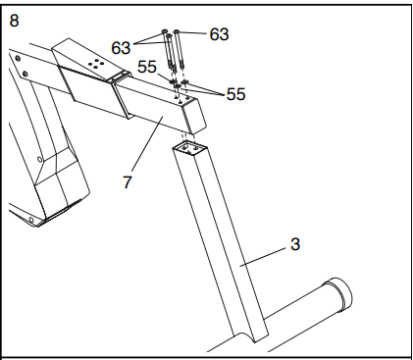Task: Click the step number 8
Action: [x=14, y=21]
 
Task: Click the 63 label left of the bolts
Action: [x=121, y=48]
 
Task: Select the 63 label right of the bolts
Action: [x=219, y=34]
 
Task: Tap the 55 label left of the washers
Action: [x=147, y=67]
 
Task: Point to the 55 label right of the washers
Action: [x=235, y=94]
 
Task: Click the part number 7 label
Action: [x=127, y=181]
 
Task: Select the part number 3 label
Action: [x=295, y=244]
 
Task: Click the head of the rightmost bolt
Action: [x=177, y=31]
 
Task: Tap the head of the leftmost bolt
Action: [x=164, y=31]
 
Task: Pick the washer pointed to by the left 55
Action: [x=173, y=80]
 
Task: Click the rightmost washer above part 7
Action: [x=185, y=81]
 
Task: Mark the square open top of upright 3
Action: [x=190, y=147]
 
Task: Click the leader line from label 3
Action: [x=263, y=257]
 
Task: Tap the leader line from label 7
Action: [x=147, y=144]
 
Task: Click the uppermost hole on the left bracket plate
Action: [x=18, y=59]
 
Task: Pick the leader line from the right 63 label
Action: [x=193, y=32]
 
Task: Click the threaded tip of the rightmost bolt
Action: [x=182, y=65]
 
